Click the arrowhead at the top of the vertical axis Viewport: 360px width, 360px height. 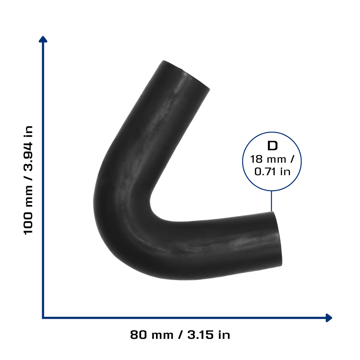[43, 39]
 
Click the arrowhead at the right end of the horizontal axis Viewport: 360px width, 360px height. [329, 318]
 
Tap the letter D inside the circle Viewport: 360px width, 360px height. [272, 146]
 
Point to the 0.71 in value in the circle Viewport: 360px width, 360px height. [272, 172]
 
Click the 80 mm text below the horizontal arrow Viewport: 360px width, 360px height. [152, 335]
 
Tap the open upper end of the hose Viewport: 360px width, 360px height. [186, 75]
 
